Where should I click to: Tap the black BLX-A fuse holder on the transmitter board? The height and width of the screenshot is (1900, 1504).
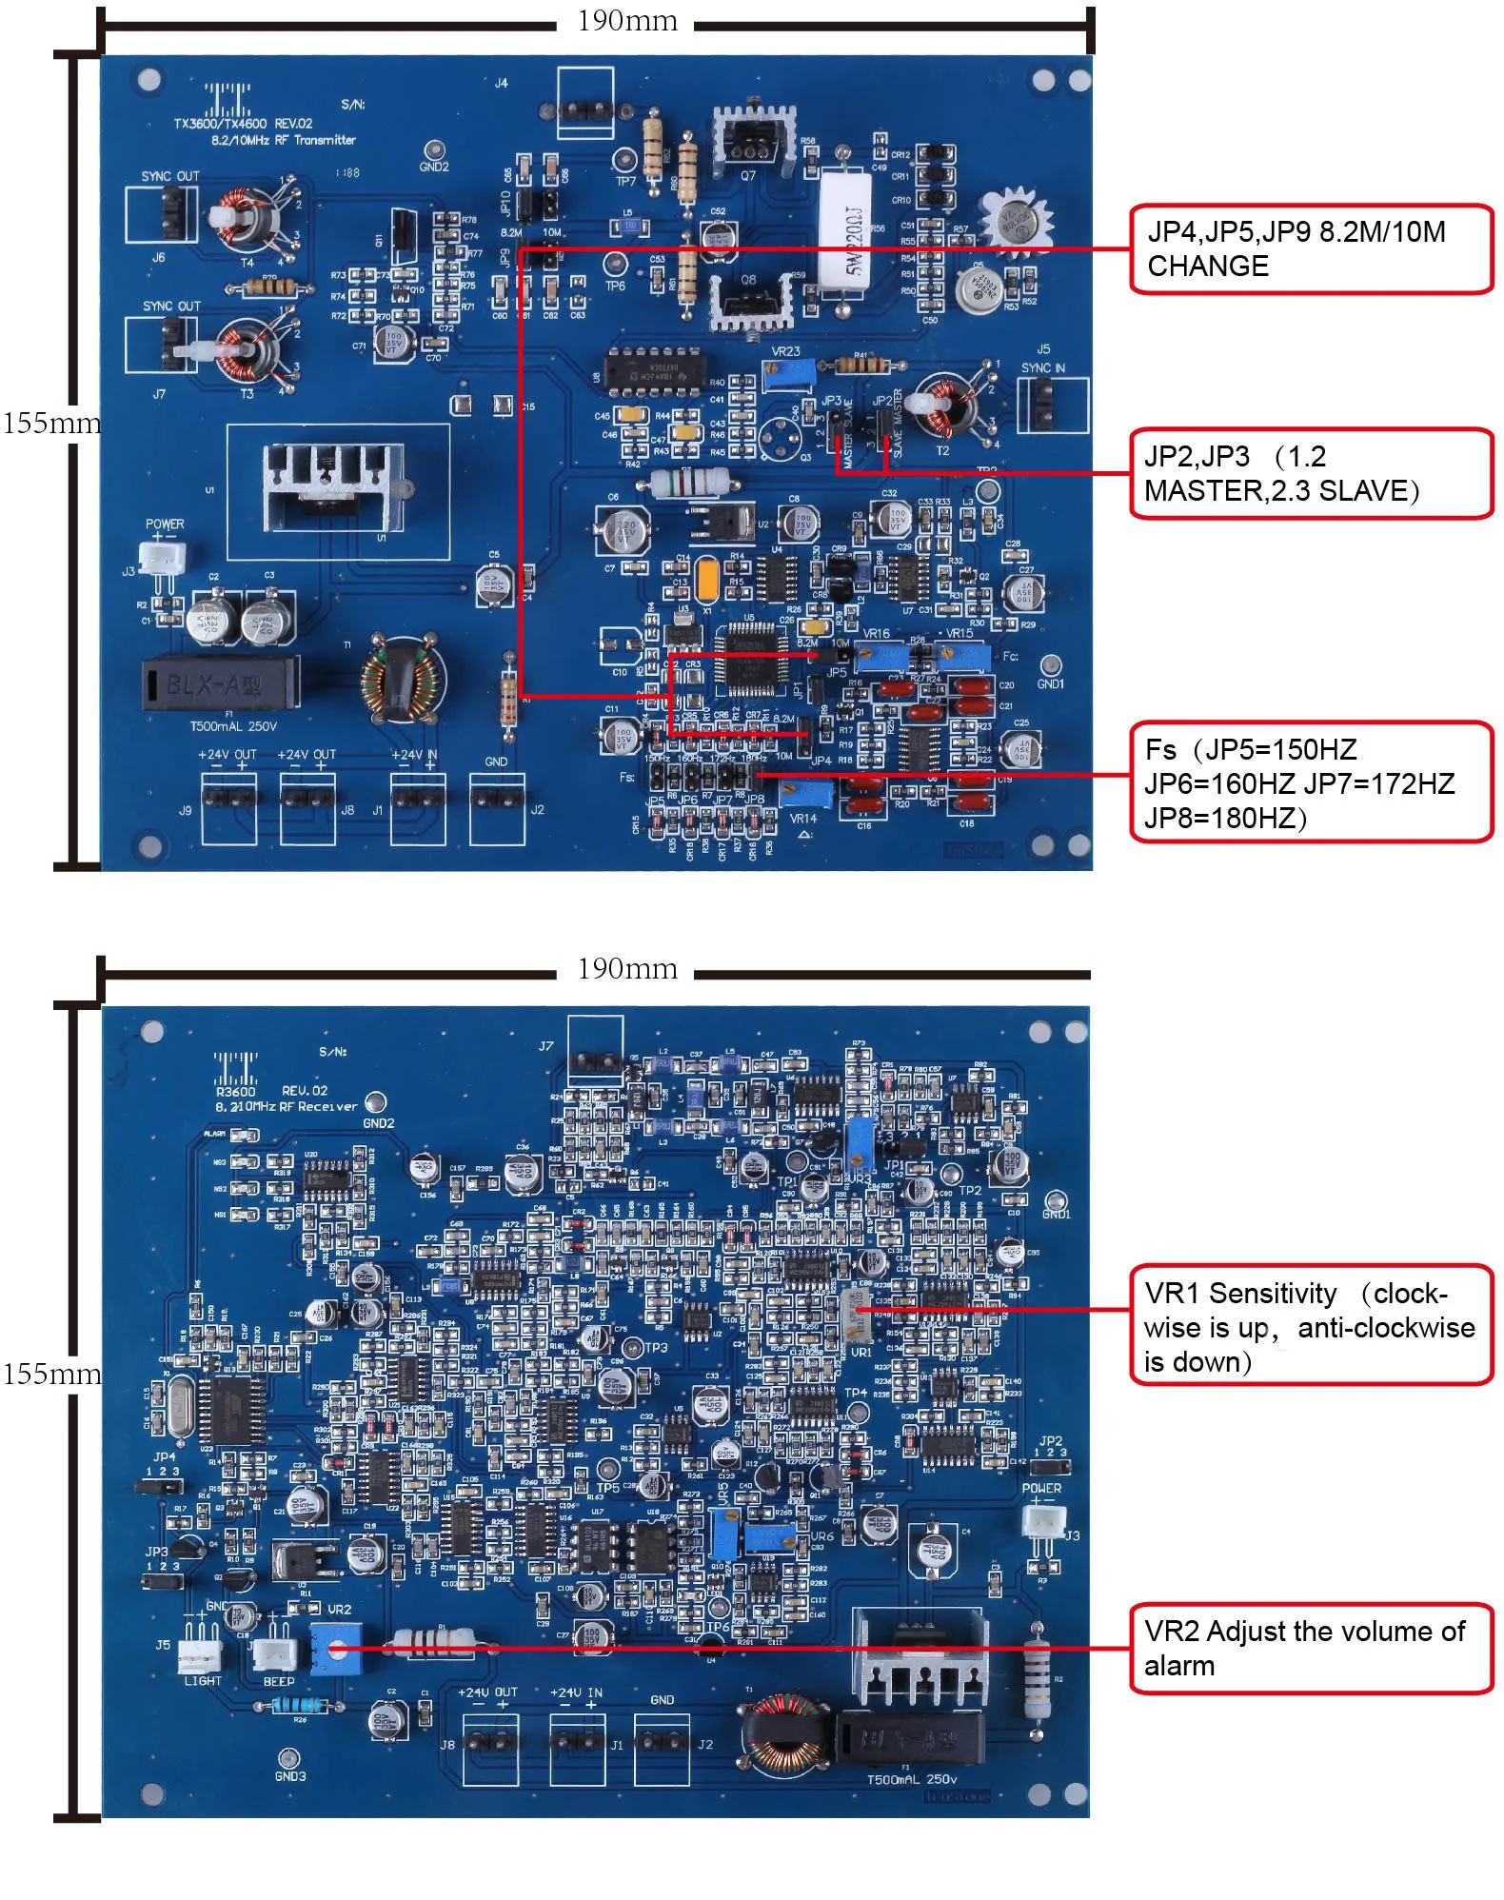220,683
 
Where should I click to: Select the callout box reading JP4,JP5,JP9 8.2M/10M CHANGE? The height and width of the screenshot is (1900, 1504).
1310,249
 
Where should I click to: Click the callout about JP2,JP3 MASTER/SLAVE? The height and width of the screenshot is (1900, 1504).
1310,473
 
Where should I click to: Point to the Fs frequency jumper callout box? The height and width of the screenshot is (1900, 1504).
1310,782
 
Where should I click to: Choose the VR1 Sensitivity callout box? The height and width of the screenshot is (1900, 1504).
1310,1326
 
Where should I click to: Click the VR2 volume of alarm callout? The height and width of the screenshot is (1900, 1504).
1310,1648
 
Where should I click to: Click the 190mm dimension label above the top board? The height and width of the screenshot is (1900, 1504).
626,21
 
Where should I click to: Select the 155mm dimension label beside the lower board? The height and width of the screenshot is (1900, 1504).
51,1374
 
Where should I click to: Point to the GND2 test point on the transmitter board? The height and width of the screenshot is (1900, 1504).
434,150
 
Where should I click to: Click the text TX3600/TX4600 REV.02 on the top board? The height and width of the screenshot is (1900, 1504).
243,124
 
